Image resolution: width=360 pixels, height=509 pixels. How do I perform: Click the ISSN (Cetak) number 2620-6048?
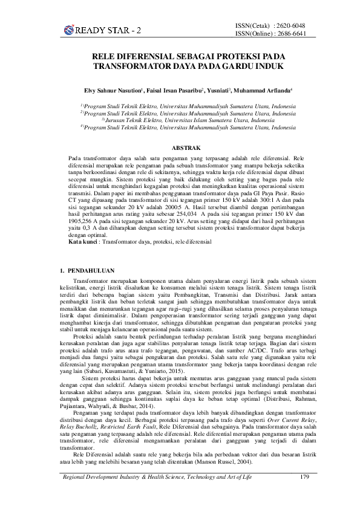(x=290, y=25)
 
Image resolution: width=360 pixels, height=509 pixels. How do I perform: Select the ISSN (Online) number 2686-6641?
(x=290, y=34)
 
